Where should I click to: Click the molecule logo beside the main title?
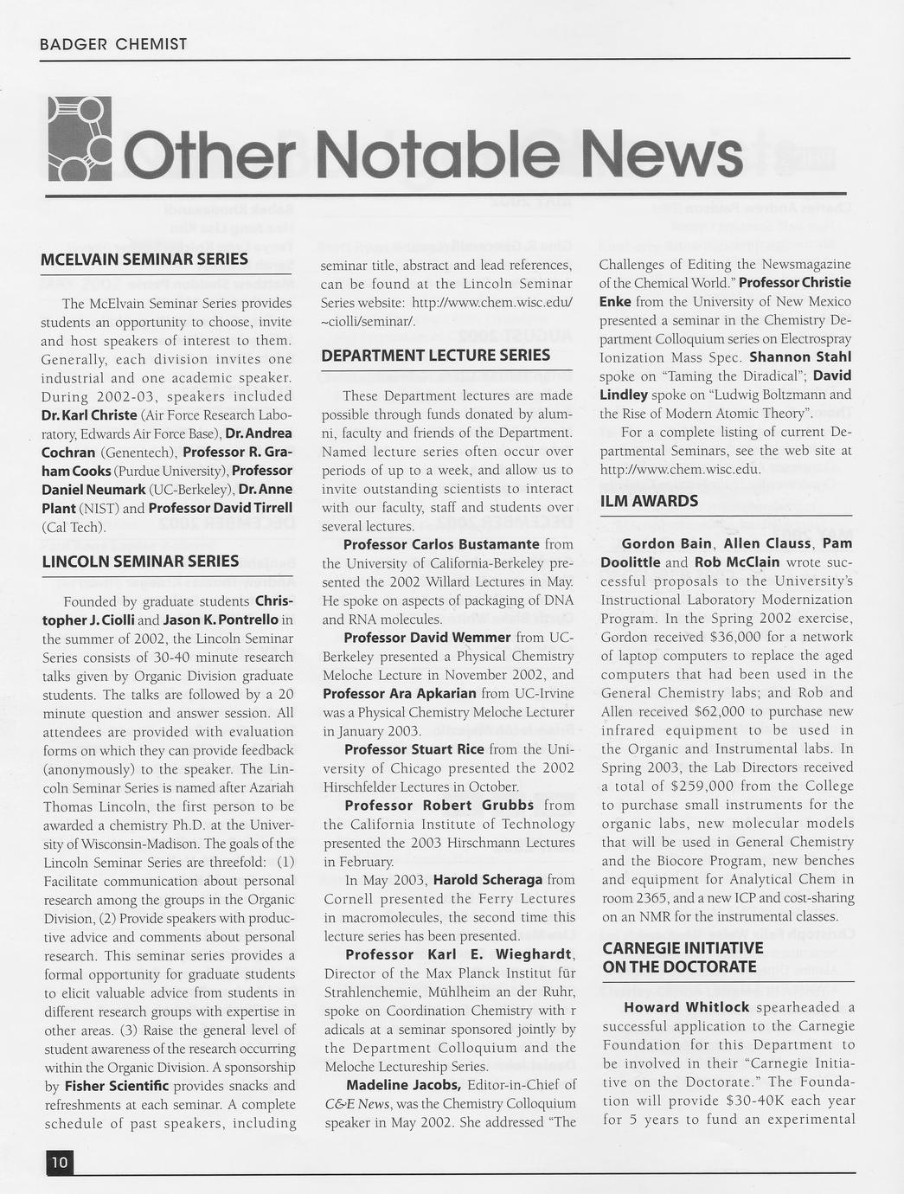pos(79,139)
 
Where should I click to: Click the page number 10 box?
pos(60,1162)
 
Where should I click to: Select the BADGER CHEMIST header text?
pos(113,44)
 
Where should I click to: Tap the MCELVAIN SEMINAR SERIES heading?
pos(144,260)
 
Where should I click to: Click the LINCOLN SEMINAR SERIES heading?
pos(140,562)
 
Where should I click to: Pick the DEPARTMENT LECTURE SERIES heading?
pos(435,356)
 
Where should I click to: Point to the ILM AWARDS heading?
pos(649,501)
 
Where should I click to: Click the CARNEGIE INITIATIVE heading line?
pos(683,948)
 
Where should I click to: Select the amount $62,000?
pos(723,711)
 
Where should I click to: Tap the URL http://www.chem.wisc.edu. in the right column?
pos(680,469)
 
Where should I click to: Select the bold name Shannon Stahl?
pos(800,356)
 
